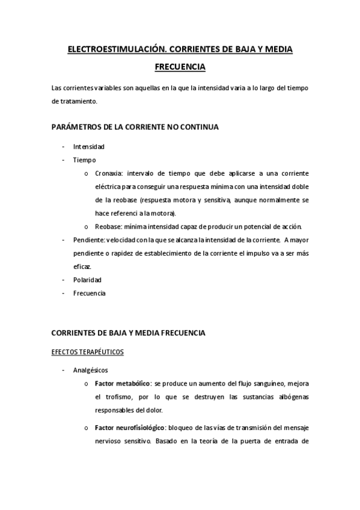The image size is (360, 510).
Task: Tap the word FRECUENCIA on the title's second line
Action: coord(180,68)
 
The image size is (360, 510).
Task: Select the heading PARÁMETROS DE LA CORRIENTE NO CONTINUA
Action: coord(135,127)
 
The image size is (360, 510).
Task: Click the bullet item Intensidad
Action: coord(88,147)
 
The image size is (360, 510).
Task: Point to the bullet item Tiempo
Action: coord(84,160)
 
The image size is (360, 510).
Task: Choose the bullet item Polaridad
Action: coord(87,280)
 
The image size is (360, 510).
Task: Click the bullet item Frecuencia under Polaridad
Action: coord(89,293)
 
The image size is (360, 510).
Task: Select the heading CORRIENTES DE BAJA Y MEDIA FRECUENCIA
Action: coord(129,333)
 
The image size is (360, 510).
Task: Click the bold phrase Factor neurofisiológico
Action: coord(130,427)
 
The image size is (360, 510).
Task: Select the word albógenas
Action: coord(293,397)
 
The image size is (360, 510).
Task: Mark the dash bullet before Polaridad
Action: coord(63,280)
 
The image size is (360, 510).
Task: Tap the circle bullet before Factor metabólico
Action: coord(87,384)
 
